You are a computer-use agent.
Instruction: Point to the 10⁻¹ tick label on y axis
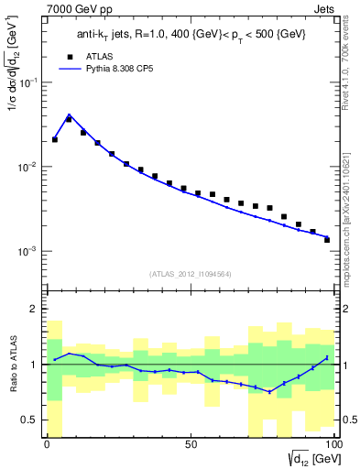[x=27, y=82]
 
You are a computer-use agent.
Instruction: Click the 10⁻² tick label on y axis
[x=27, y=167]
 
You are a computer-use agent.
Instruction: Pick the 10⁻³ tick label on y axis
[x=27, y=251]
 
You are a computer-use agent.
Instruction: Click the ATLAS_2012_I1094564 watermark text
[x=191, y=273]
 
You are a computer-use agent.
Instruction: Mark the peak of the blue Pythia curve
[x=69, y=115]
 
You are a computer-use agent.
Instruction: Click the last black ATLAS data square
[x=327, y=240]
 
